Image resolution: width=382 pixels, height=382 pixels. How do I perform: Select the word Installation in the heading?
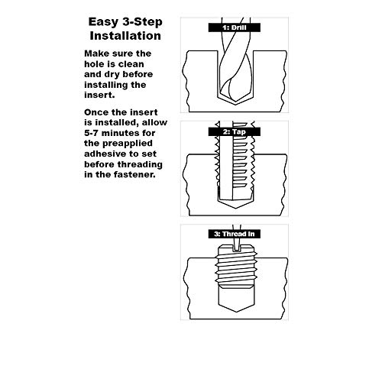pos(125,35)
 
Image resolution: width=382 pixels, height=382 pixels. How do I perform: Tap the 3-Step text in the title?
pos(141,21)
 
